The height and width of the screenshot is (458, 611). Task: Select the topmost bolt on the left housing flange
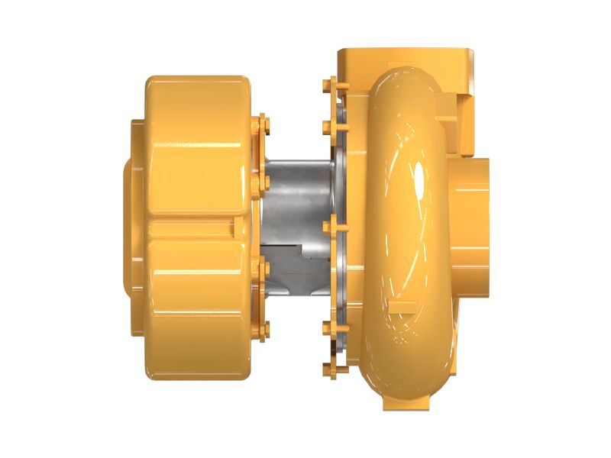[263, 123]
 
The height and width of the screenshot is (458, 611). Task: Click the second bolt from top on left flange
[265, 182]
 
